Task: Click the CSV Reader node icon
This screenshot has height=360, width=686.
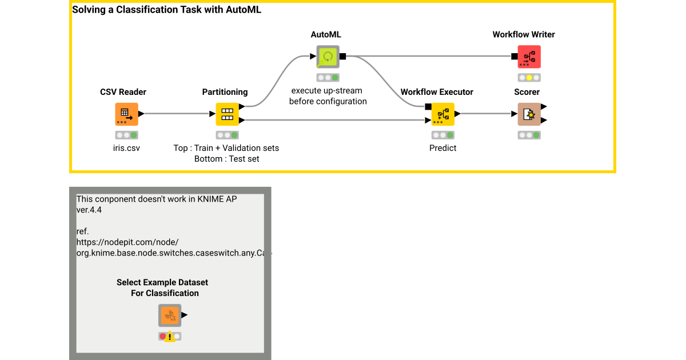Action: click(x=126, y=114)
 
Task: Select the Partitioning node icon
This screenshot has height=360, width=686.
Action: click(x=227, y=114)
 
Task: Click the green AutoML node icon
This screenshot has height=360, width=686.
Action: click(x=328, y=57)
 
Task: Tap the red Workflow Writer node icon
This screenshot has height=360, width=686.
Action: click(x=529, y=57)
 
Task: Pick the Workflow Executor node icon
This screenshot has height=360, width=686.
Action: click(x=442, y=114)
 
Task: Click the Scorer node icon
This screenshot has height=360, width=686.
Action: click(x=529, y=114)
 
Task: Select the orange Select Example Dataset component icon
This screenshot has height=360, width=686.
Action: click(x=170, y=315)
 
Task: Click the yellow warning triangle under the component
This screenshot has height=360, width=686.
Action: click(x=170, y=337)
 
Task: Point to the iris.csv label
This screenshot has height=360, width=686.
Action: click(x=126, y=147)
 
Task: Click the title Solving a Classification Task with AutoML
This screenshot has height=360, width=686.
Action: click(x=166, y=10)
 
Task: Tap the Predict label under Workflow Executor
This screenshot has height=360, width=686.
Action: click(x=442, y=147)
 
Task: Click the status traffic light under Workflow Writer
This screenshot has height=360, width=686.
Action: click(x=529, y=78)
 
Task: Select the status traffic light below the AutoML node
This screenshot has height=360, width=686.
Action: click(x=328, y=78)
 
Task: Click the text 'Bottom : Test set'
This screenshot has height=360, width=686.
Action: click(x=226, y=159)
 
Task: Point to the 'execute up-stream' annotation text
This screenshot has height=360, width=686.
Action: click(x=327, y=90)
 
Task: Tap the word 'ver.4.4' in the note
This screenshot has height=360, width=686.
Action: click(x=89, y=210)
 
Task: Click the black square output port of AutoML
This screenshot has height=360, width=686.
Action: click(x=342, y=56)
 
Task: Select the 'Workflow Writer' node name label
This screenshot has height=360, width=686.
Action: click(x=524, y=34)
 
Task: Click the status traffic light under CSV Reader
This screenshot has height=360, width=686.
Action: click(x=126, y=135)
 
